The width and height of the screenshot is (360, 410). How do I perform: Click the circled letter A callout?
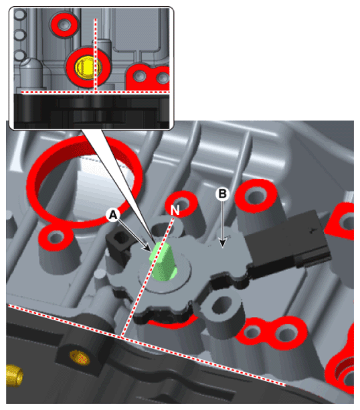[x=113, y=215]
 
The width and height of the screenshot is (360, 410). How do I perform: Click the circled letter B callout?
[x=222, y=194]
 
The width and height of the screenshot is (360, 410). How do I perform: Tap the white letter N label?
[x=175, y=210]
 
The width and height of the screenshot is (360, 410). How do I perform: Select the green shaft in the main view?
[x=163, y=261]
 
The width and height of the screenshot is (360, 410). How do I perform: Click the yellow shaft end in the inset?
[x=84, y=67]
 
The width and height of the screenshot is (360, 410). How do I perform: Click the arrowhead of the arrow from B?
[x=222, y=243]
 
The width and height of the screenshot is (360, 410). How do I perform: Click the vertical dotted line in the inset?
[x=96, y=55]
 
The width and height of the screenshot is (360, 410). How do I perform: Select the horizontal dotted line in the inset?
[x=96, y=92]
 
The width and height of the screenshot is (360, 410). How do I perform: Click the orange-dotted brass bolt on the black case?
[x=79, y=358]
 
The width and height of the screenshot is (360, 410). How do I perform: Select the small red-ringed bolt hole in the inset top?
[x=64, y=24]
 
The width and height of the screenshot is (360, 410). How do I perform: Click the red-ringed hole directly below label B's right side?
[x=256, y=196]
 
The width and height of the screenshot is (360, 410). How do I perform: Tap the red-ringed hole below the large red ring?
[x=56, y=238]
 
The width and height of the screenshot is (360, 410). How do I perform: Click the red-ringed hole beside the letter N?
[x=183, y=202]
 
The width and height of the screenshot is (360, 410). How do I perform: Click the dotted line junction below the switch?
[x=122, y=337]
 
